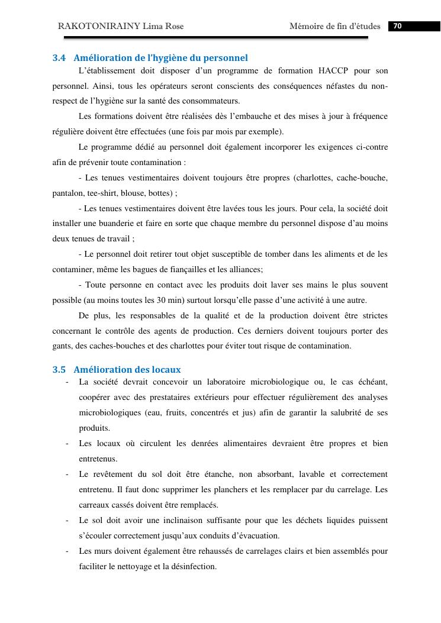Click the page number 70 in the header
point(397,26)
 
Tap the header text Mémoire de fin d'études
point(335,26)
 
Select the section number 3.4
point(59,58)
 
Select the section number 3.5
point(59,370)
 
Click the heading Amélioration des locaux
point(127,370)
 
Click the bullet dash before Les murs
point(67,551)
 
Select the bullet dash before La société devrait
point(67,382)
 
